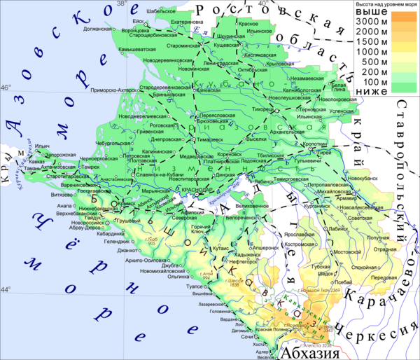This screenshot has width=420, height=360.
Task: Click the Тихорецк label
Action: [262, 109]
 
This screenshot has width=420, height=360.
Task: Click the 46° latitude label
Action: [6, 88]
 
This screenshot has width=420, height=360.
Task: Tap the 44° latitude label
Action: [6, 289]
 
